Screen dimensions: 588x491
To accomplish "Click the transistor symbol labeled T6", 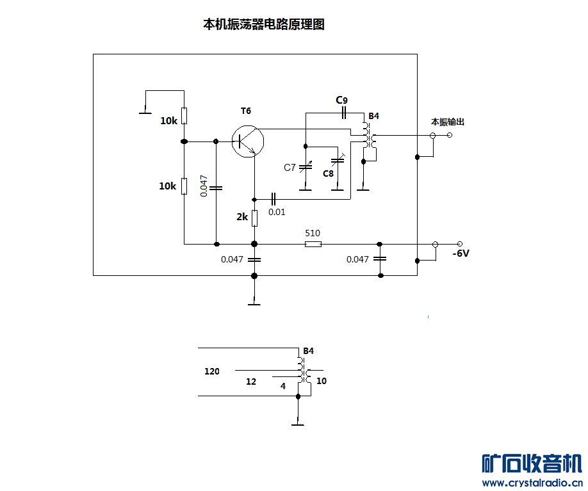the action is [x=247, y=141].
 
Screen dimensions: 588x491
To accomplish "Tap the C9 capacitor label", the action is [x=341, y=100].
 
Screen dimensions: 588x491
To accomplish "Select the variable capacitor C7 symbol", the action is [x=306, y=167].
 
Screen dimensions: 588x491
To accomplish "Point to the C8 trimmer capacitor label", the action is [x=328, y=173].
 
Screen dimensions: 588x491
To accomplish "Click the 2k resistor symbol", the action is [x=254, y=218].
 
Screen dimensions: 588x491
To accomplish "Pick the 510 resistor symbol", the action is [x=313, y=245].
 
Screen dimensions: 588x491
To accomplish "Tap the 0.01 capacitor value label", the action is [x=277, y=212].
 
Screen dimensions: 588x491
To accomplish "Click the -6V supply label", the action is [x=461, y=254].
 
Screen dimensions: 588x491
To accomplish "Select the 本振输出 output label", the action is [x=448, y=122].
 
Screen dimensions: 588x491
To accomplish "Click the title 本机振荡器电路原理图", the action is [x=264, y=24].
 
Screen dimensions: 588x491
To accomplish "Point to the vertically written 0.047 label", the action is [x=204, y=186].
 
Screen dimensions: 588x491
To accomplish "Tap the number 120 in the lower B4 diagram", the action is [x=212, y=371].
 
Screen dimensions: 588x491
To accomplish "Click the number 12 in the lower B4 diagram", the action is [x=251, y=382].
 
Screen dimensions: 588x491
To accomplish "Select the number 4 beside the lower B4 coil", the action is [x=283, y=386].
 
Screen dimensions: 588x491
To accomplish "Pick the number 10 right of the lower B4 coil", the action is [x=322, y=381].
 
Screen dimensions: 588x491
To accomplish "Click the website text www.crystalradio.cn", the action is [x=532, y=483].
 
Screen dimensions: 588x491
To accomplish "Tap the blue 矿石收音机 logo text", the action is [x=532, y=463].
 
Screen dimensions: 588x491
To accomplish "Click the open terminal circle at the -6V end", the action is [x=460, y=244].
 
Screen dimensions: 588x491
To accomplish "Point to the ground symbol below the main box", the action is [x=254, y=304].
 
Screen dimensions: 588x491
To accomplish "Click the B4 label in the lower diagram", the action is [x=308, y=351].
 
